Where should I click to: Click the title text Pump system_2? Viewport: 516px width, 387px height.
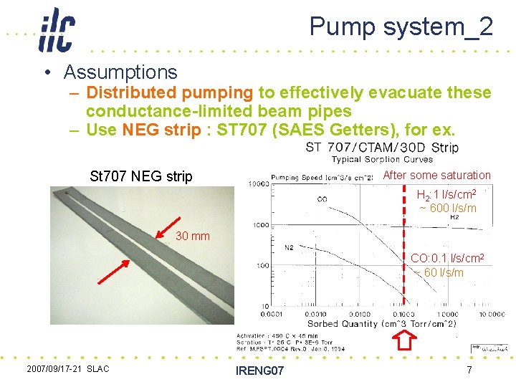[401, 27]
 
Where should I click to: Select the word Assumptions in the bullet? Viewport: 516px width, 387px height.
[120, 72]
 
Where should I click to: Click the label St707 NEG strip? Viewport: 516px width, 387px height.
[140, 176]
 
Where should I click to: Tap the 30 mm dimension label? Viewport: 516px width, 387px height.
[193, 236]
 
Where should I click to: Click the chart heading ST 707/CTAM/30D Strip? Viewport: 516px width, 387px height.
[382, 148]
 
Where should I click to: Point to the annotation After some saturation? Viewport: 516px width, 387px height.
[437, 175]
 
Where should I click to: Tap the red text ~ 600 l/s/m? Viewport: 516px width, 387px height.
[449, 208]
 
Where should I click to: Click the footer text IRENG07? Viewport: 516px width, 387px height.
[259, 371]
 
